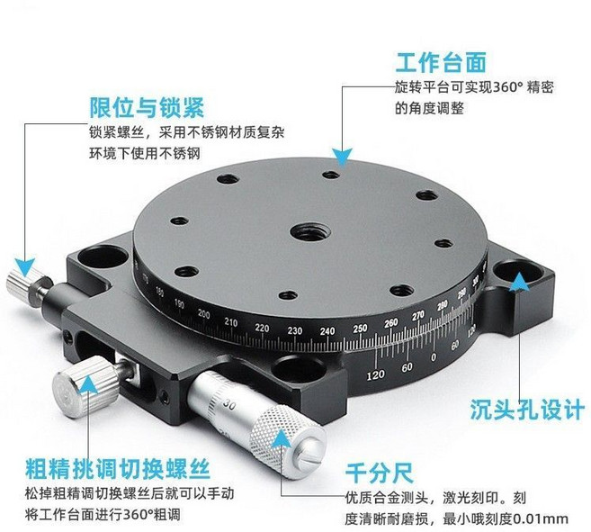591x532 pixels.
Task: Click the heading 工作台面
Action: click(441, 63)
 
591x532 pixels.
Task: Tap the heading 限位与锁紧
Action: click(146, 108)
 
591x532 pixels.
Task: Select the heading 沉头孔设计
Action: click(526, 410)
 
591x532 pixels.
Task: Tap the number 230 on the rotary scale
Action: click(294, 331)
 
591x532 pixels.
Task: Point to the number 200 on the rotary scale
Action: click(204, 314)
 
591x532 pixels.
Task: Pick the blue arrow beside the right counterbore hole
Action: click(519, 284)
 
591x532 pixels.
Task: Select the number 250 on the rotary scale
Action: click(360, 328)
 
